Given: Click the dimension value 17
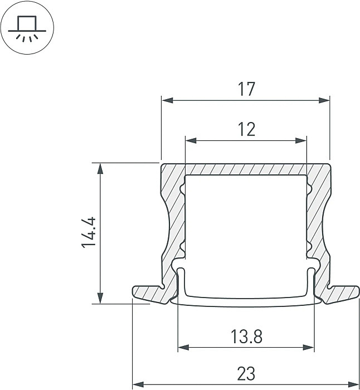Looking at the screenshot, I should pyautogui.click(x=246, y=89).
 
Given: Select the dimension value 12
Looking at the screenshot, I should pyautogui.click(x=246, y=129).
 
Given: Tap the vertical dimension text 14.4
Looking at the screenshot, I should pyautogui.click(x=90, y=233).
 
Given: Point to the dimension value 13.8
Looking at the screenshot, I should pyautogui.click(x=246, y=336).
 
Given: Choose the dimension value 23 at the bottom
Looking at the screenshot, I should pyautogui.click(x=246, y=373).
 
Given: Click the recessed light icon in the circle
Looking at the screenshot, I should pyautogui.click(x=27, y=28).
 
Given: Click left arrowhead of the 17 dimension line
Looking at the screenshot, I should pyautogui.click(x=166, y=101).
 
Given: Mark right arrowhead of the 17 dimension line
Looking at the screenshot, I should pyautogui.click(x=325, y=101).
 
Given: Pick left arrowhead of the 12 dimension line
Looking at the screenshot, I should pyautogui.click(x=189, y=140).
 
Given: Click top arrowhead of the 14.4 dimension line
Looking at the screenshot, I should pyautogui.click(x=100, y=167).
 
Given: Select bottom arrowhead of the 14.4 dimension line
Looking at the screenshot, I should pyautogui.click(x=100, y=299).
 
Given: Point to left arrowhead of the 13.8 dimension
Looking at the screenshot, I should pyautogui.click(x=182, y=348).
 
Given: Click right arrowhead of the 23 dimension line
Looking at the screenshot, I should pyautogui.click(x=355, y=384).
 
